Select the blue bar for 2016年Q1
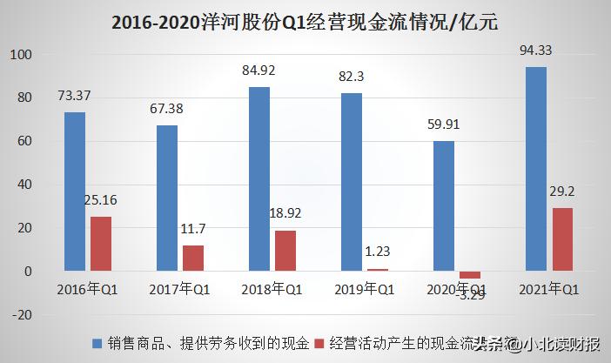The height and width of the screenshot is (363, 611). click(x=75, y=192)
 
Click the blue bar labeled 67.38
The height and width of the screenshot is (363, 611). click(x=167, y=198)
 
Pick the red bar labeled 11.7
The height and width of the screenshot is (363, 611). click(x=193, y=258)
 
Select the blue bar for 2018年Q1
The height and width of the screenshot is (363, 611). click(x=259, y=179)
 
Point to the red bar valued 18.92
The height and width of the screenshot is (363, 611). click(x=285, y=251)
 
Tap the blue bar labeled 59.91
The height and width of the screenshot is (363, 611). click(x=444, y=206)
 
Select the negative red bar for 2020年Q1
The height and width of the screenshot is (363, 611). click(x=471, y=275)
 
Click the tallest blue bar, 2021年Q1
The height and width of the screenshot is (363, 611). click(x=536, y=169)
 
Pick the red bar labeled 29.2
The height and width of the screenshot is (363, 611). click(x=563, y=239)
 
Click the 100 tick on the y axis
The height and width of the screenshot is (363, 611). click(x=20, y=55)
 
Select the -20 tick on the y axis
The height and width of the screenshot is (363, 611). click(x=20, y=315)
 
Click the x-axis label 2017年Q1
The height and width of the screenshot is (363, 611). click(x=181, y=288)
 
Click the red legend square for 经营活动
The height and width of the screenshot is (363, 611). click(x=318, y=344)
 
